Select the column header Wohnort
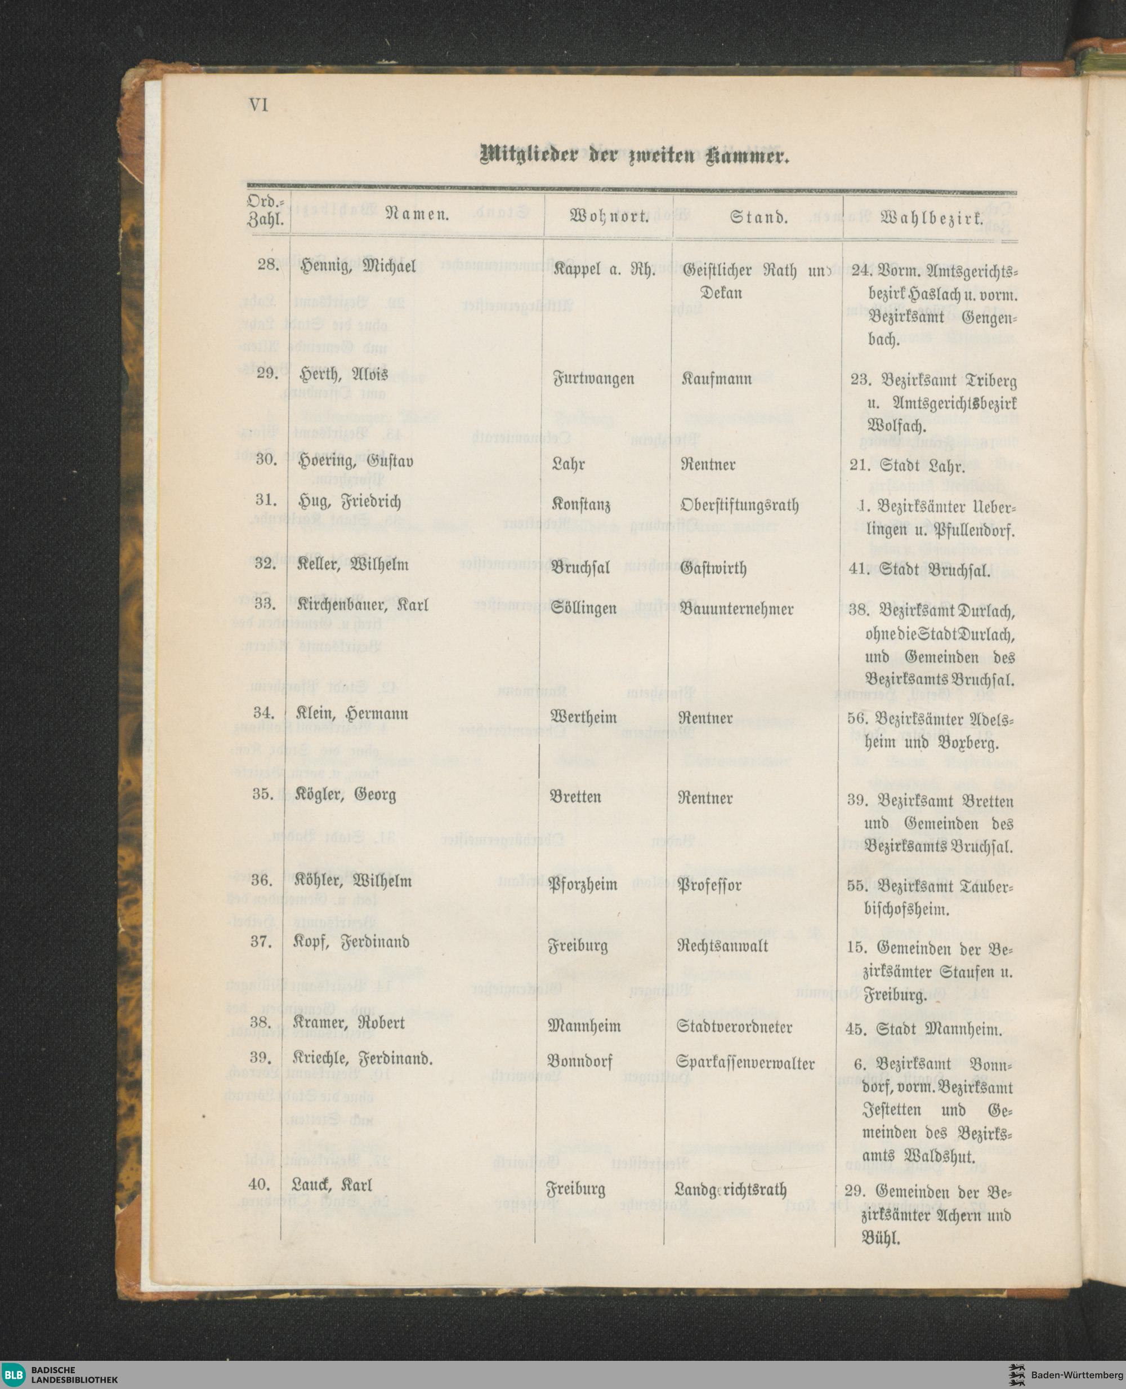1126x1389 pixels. tap(609, 216)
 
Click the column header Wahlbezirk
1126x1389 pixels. tap(931, 218)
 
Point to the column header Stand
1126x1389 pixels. tap(758, 217)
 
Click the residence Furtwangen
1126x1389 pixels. tap(593, 379)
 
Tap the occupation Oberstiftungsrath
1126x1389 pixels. tap(739, 505)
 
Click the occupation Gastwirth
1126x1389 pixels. tap(713, 568)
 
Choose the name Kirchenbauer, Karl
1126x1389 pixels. tap(363, 606)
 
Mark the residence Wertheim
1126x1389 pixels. tap(583, 717)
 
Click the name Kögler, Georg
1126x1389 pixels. tap(346, 795)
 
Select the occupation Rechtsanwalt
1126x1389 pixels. tap(722, 946)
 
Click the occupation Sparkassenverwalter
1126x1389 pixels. tap(745, 1063)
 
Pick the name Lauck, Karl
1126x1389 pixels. tap(332, 1185)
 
